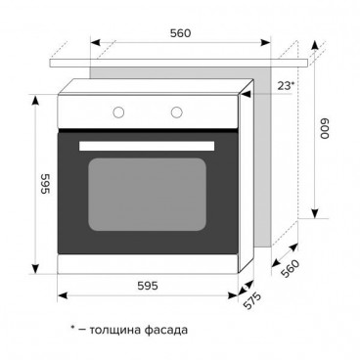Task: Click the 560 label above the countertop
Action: [x=178, y=32]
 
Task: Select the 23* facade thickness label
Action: [x=284, y=85]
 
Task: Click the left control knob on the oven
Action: [x=117, y=111]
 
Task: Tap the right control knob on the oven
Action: [x=178, y=111]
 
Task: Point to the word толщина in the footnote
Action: [x=121, y=330]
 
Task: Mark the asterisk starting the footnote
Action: [x=73, y=328]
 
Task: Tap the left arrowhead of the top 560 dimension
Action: [x=94, y=44]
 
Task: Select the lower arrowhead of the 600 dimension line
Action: [x=314, y=216]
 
